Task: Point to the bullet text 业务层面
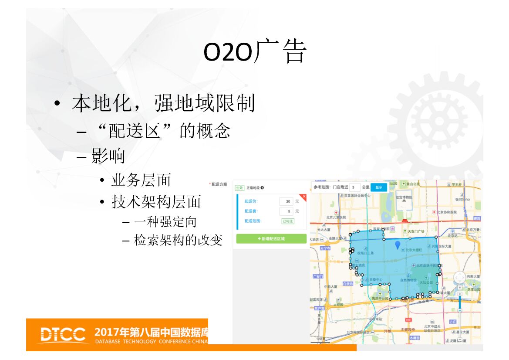tap(141, 180)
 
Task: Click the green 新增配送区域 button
tap(271, 239)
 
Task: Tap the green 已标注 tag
tap(288, 221)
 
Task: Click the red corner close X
tap(303, 197)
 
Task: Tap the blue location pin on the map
tap(397, 245)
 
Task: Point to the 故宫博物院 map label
tap(404, 197)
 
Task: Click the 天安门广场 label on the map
tap(415, 231)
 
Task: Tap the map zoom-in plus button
tap(460, 294)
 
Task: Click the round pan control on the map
tap(460, 278)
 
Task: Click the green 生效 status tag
tap(239, 188)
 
